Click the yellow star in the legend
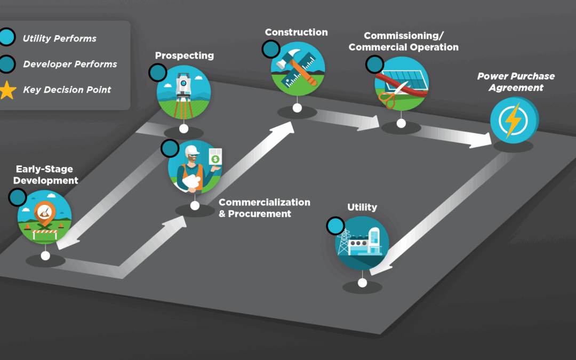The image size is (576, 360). [7, 91]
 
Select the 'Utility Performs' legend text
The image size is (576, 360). [59, 38]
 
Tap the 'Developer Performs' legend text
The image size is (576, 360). [70, 65]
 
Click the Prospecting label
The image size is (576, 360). [184, 55]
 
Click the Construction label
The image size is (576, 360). [296, 33]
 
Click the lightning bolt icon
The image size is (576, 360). [513, 121]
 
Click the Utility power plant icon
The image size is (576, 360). [362, 243]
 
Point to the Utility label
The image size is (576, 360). [362, 207]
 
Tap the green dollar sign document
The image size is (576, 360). [215, 158]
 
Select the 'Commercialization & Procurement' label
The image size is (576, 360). [264, 208]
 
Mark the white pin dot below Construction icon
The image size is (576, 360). [297, 108]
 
